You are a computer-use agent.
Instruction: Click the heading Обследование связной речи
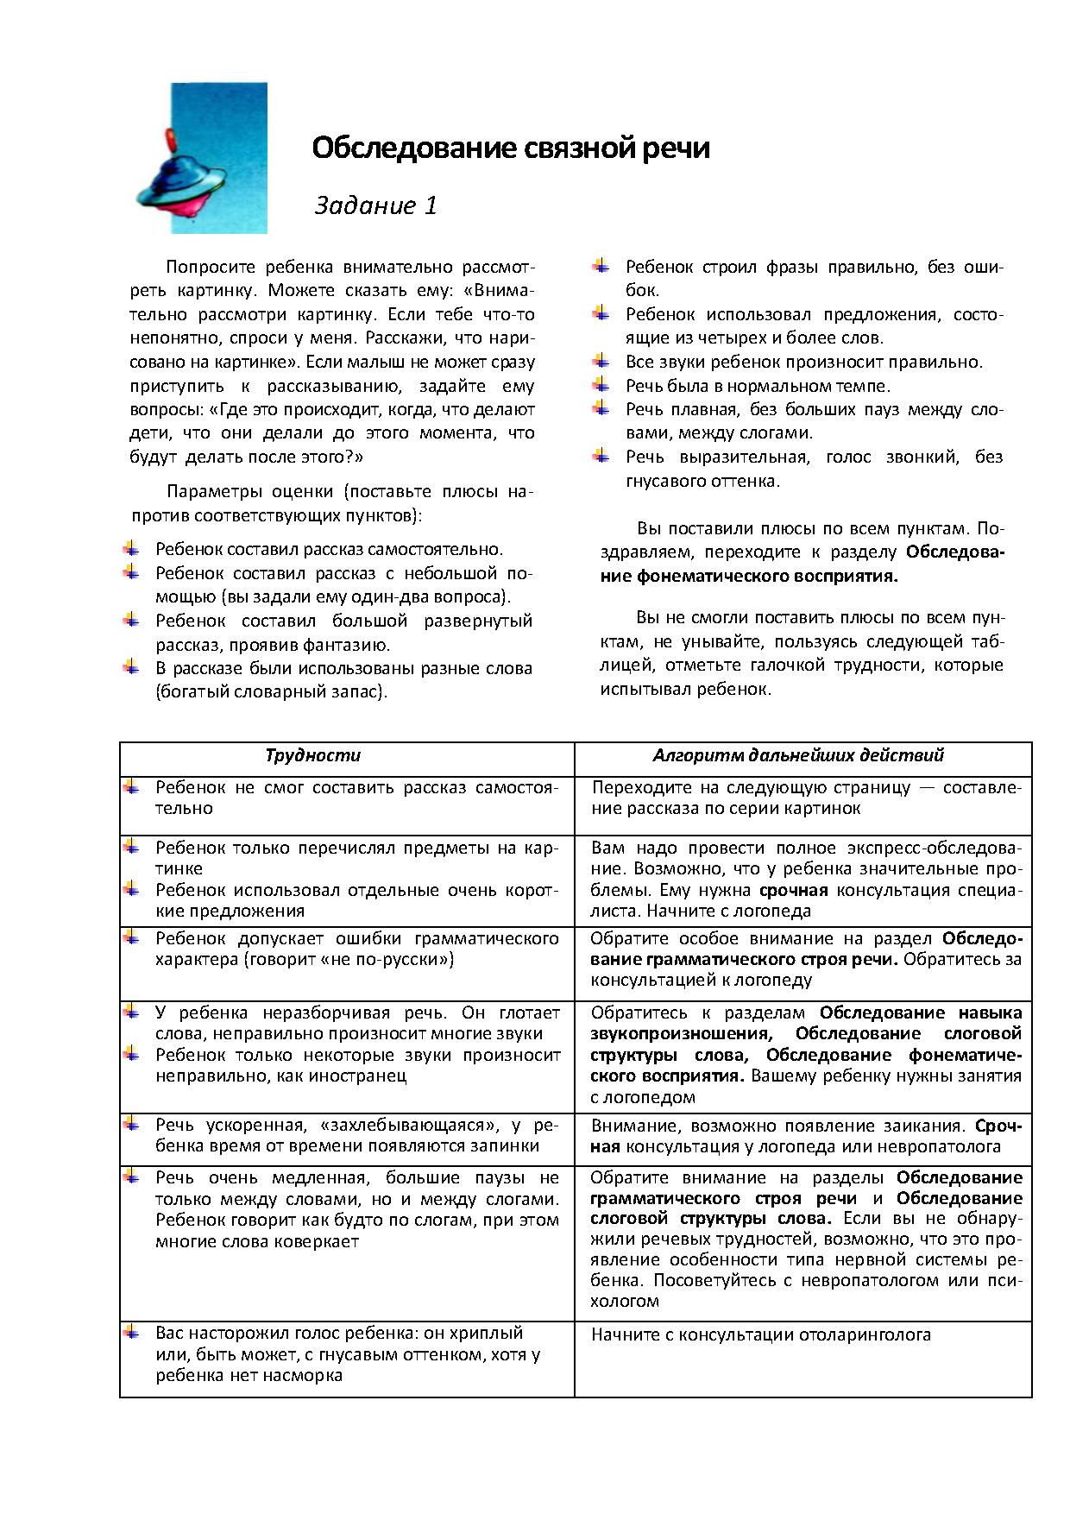pos(510,148)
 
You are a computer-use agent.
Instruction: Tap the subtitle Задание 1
pos(375,205)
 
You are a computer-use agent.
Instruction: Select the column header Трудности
pos(312,755)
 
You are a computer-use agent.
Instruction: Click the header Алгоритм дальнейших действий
pos(797,755)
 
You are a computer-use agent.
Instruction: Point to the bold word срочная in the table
pos(794,890)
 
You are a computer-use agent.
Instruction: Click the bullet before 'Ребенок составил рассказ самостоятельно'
pos(131,547)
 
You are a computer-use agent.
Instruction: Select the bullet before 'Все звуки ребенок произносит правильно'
pos(601,360)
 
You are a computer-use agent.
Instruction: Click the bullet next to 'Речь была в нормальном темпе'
pos(601,384)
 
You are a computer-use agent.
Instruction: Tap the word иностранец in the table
pos(365,1076)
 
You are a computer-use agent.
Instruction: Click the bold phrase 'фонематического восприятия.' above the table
pos(749,577)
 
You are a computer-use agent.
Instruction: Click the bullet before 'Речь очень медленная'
pos(131,1176)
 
